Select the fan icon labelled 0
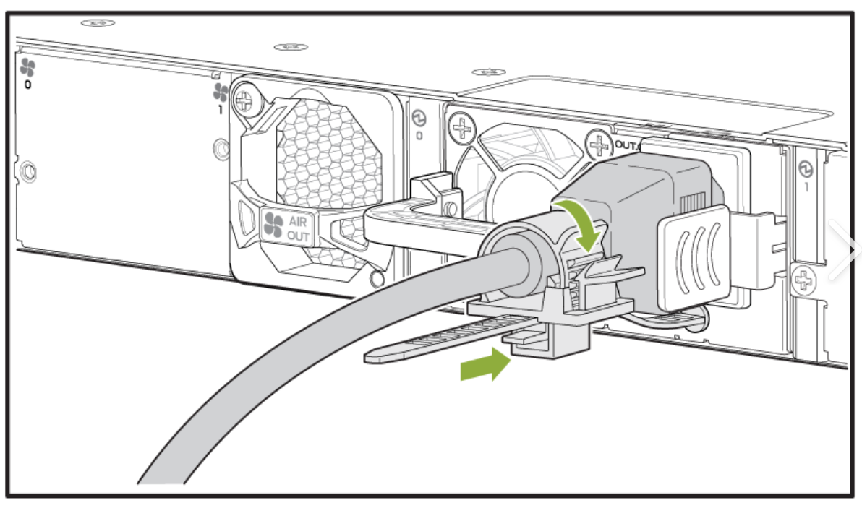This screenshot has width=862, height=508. click(x=27, y=69)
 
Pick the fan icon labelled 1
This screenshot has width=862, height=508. click(x=221, y=92)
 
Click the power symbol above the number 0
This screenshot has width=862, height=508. click(x=419, y=118)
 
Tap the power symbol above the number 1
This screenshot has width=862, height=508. click(x=806, y=170)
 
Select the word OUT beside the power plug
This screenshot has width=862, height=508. click(x=623, y=145)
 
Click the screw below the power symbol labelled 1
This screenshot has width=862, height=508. click(x=804, y=280)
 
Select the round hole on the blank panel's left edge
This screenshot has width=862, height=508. click(x=27, y=171)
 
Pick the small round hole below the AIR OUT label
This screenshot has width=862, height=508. click(x=375, y=279)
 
